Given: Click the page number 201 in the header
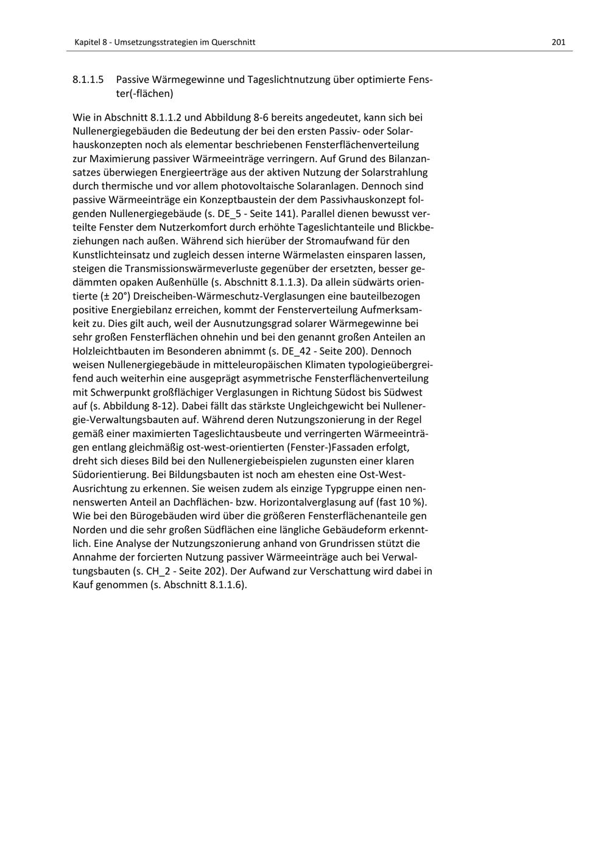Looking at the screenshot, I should [558, 42].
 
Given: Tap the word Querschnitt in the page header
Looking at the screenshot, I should [233, 42].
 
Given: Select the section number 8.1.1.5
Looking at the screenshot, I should [88, 80].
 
